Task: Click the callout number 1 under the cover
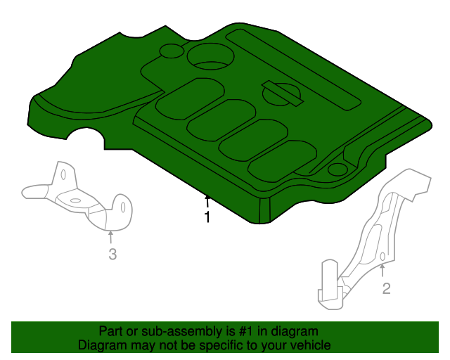click(207, 218)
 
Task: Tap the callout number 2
click(386, 288)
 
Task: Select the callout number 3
click(112, 255)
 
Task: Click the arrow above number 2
click(383, 270)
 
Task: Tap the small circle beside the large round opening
click(171, 51)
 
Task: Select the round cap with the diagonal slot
click(281, 92)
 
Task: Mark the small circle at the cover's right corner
click(337, 169)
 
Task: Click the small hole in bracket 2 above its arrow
click(382, 257)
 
